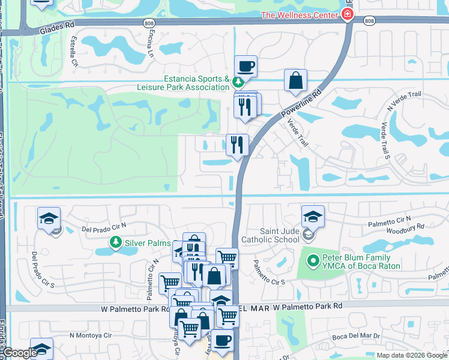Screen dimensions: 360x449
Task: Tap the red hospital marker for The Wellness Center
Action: coord(348,14)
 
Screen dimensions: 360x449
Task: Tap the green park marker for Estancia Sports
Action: coord(238,81)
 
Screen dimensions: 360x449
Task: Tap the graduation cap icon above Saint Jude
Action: coord(312,217)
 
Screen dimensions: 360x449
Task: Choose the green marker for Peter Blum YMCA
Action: coord(312,261)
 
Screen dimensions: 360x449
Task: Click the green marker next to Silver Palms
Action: coord(115,242)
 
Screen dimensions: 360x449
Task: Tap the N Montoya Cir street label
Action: coord(91,335)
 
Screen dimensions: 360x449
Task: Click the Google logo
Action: coord(19,353)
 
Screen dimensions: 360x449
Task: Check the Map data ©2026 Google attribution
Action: coord(411,355)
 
